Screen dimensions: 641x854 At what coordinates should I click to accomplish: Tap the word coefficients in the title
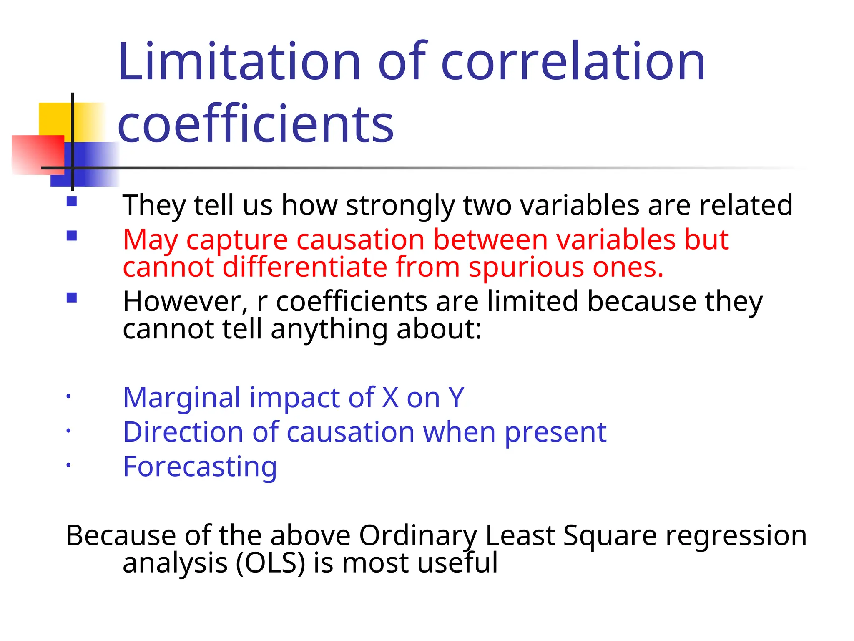[x=256, y=124]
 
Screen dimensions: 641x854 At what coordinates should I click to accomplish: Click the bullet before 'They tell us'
[x=72, y=202]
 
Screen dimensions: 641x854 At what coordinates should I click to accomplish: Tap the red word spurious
[x=525, y=267]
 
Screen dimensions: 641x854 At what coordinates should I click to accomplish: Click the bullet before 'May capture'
[x=72, y=236]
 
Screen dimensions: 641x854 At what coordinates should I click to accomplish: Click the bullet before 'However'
[x=72, y=298]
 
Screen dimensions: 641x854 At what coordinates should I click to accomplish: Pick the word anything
[x=329, y=330]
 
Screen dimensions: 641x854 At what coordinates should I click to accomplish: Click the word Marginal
[x=182, y=397]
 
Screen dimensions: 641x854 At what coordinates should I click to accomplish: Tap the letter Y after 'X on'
[x=456, y=397]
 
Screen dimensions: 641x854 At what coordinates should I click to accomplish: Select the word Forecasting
[x=200, y=467]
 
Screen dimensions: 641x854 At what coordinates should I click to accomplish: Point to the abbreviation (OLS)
[x=271, y=563]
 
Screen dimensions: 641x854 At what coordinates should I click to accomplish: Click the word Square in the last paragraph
[x=609, y=535]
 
